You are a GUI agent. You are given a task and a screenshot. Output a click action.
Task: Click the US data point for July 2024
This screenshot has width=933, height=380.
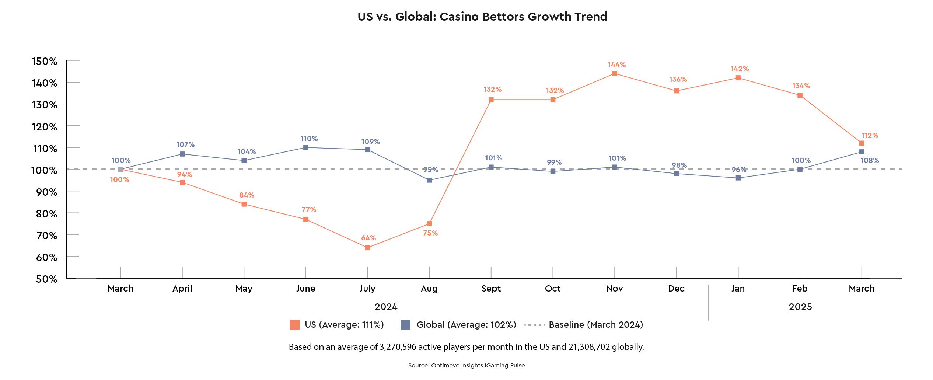pyautogui.click(x=367, y=248)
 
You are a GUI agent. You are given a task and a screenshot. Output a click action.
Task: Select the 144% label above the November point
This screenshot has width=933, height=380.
pyautogui.click(x=616, y=65)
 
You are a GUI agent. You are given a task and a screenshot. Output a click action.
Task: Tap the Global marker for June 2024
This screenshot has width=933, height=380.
pyautogui.click(x=306, y=147)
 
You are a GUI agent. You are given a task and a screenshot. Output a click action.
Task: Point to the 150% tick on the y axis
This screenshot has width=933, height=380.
pyautogui.click(x=45, y=61)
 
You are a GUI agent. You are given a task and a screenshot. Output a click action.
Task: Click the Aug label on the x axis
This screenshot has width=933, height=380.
pyautogui.click(x=429, y=289)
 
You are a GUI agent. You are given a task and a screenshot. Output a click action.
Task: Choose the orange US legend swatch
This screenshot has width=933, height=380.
pyautogui.click(x=294, y=325)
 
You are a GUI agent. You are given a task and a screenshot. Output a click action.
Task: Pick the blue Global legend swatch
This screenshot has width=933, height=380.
pyautogui.click(x=405, y=325)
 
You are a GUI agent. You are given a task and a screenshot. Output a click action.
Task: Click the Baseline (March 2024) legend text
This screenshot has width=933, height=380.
pyautogui.click(x=596, y=325)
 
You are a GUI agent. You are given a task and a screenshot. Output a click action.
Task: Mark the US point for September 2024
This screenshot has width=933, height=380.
pyautogui.click(x=491, y=100)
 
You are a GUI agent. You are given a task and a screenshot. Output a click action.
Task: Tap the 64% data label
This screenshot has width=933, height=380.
pyautogui.click(x=368, y=238)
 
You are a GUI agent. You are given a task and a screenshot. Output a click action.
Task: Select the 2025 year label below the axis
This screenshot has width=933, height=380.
pyautogui.click(x=800, y=307)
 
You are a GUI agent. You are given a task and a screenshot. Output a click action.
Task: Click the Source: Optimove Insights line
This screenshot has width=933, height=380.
pyautogui.click(x=466, y=366)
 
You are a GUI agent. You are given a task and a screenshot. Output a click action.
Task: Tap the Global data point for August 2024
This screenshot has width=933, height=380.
pyautogui.click(x=429, y=180)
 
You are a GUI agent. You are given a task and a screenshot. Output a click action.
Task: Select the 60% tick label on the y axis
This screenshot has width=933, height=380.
pyautogui.click(x=46, y=257)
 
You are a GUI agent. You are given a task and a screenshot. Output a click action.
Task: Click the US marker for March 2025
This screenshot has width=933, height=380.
pyautogui.click(x=862, y=143)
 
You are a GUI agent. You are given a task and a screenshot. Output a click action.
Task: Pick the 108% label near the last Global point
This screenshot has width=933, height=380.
pyautogui.click(x=870, y=161)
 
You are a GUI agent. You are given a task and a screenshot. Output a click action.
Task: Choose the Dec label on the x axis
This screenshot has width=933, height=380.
pyautogui.click(x=676, y=289)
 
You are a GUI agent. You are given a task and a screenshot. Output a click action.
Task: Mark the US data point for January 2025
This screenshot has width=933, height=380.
pyautogui.click(x=738, y=78)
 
